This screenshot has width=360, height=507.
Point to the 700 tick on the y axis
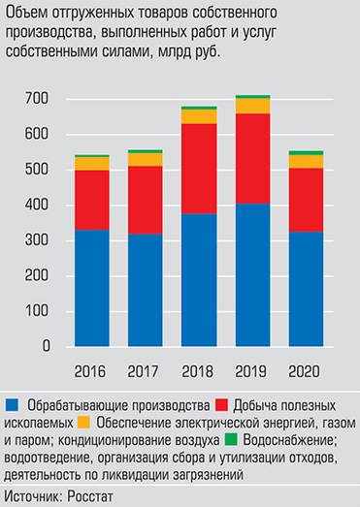36,99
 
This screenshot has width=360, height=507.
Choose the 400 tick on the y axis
36,206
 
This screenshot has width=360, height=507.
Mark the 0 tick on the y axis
45,346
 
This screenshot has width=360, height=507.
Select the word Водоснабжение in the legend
295,439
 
